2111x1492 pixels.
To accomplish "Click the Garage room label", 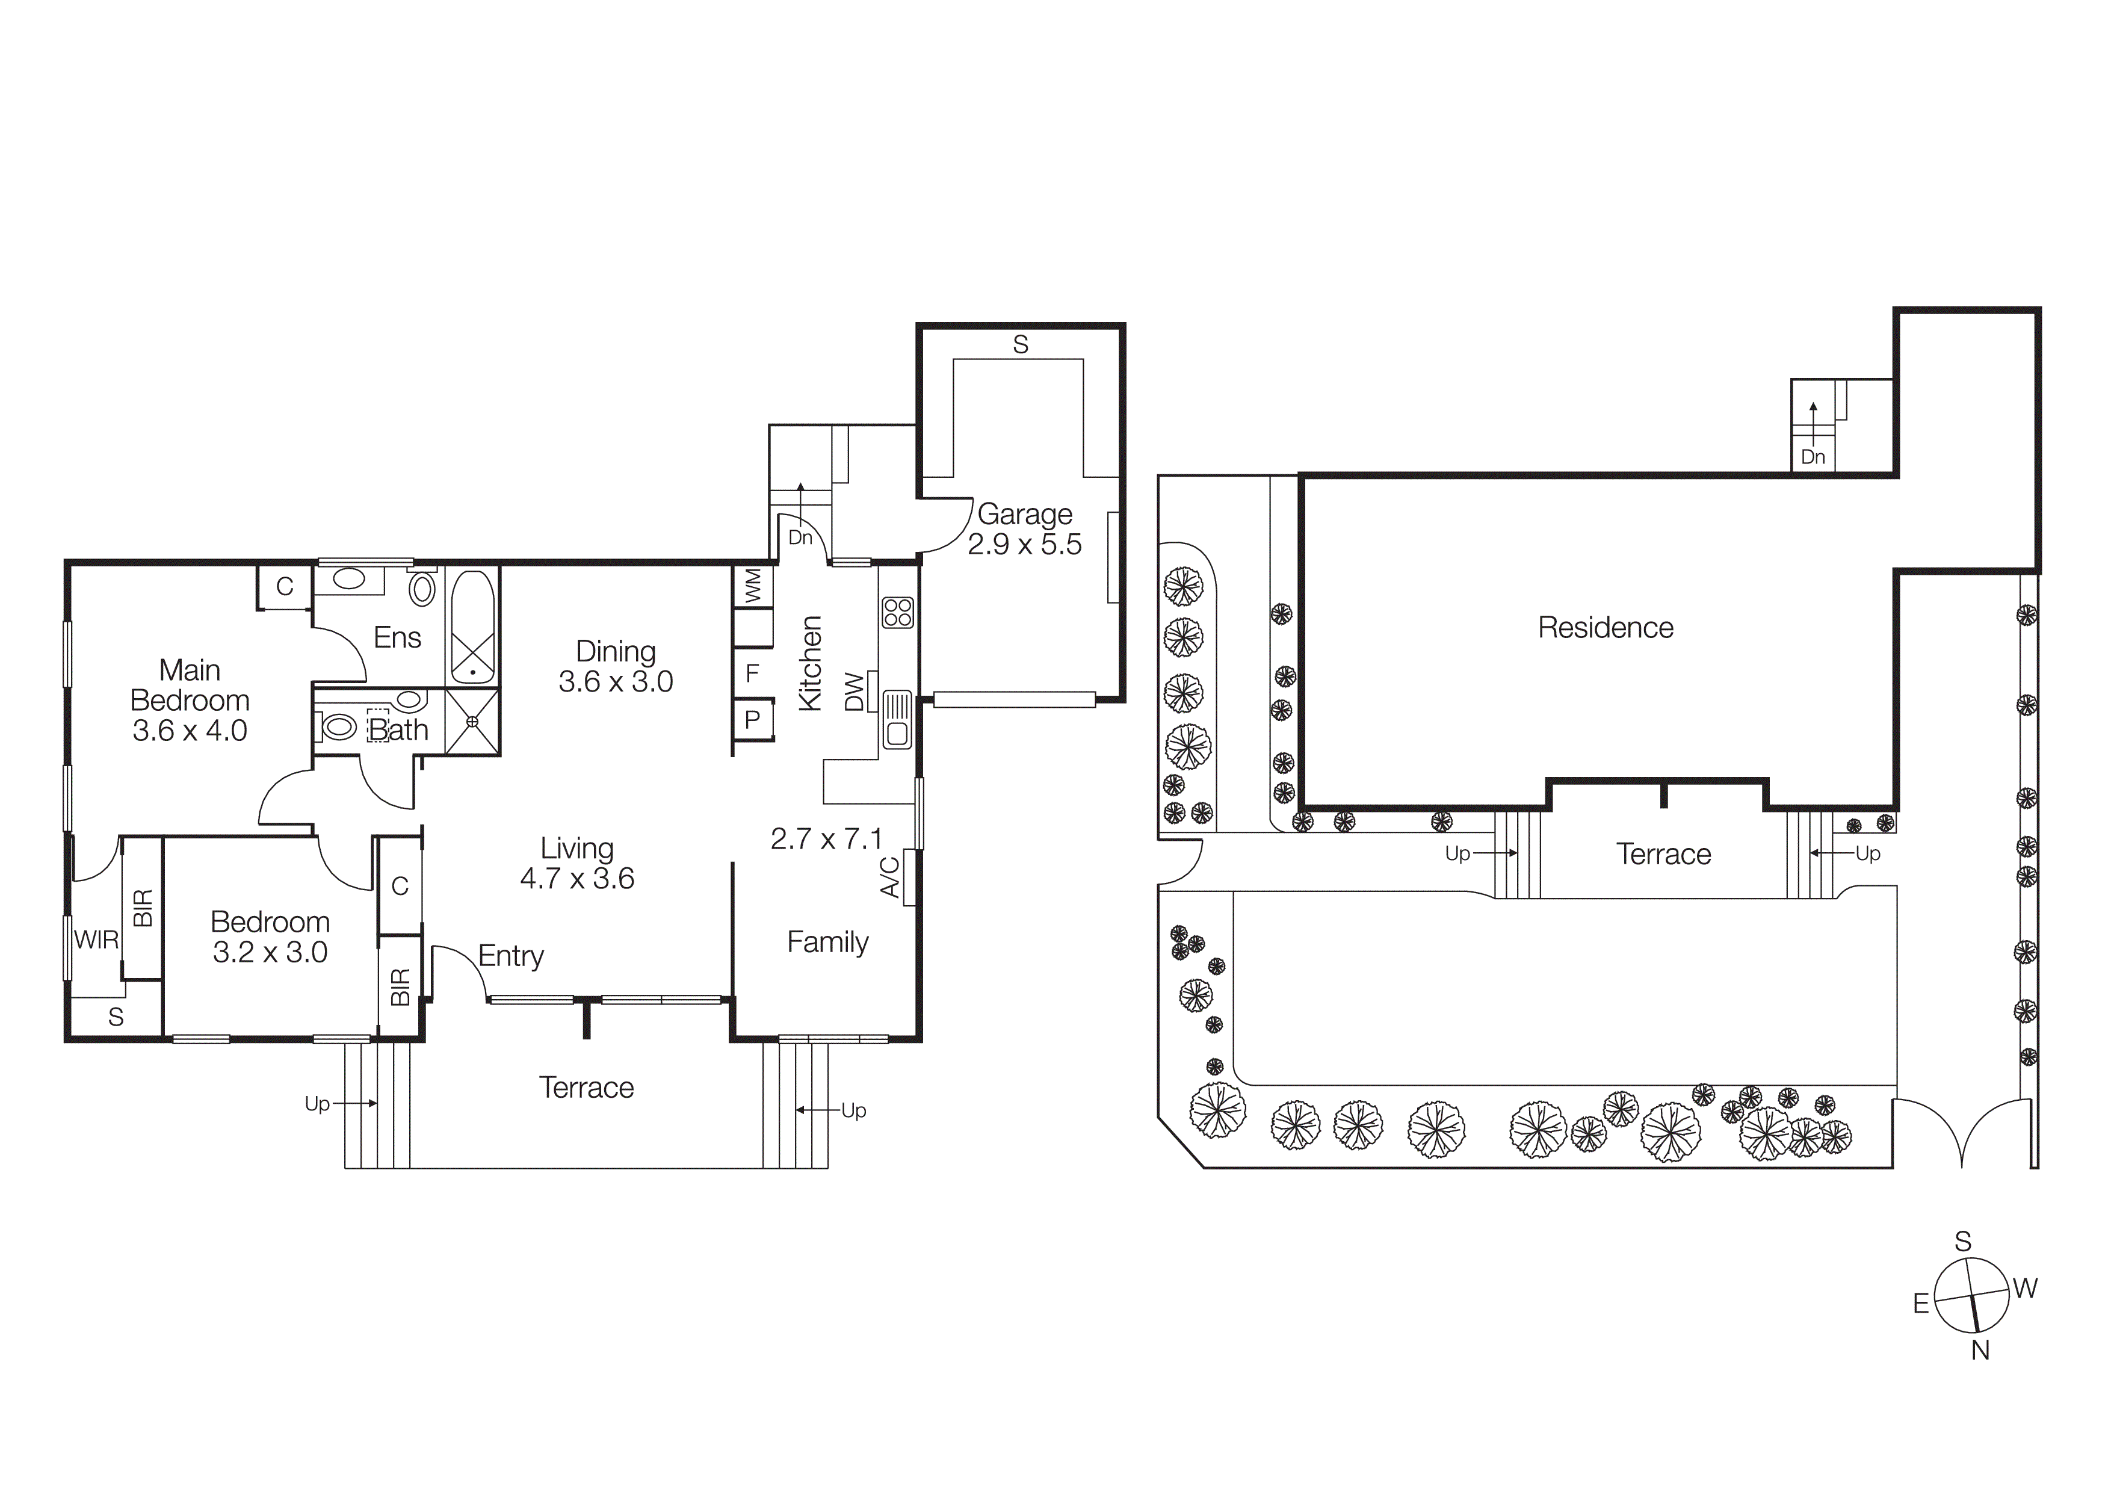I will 1024,514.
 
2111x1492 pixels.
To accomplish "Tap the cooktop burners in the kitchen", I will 897,612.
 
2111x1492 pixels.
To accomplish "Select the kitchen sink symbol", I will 897,720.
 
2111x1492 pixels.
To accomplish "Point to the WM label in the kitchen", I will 753,586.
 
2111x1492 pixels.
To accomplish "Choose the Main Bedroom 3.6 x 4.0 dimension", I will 190,731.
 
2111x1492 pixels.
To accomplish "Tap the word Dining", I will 615,651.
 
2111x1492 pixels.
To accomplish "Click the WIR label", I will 96,939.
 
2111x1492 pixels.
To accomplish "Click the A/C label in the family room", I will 890,876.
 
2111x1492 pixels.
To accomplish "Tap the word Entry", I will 510,956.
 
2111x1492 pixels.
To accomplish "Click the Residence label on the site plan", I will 1606,628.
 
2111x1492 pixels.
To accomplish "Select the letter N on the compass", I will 1980,1351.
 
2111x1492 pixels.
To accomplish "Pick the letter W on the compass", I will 2024,1288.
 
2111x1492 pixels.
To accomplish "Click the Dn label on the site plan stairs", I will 1812,457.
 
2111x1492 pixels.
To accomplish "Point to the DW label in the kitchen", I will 854,692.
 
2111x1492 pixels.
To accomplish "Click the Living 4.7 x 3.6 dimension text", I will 576,879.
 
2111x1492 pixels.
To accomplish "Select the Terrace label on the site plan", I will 1663,854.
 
